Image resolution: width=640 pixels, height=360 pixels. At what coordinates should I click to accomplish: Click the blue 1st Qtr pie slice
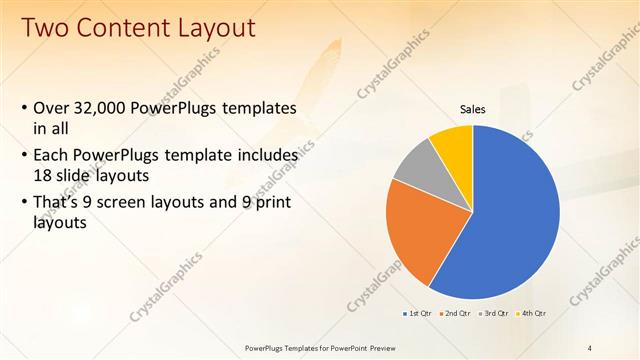click(510, 220)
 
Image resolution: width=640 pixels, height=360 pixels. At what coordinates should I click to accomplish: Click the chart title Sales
click(473, 109)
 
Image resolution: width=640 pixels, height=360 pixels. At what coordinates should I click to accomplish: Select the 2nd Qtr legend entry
click(456, 313)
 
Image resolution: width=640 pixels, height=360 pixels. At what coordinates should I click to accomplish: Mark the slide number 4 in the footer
click(590, 347)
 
